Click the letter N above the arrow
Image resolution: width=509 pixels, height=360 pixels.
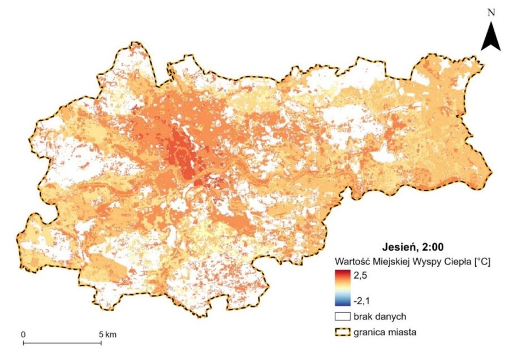point(491,11)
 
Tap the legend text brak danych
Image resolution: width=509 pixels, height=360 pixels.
point(377,316)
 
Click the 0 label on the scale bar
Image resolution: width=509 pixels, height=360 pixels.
point(23,335)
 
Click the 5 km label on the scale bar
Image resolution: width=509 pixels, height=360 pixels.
point(107,335)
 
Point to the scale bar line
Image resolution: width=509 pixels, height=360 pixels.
point(62,342)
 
